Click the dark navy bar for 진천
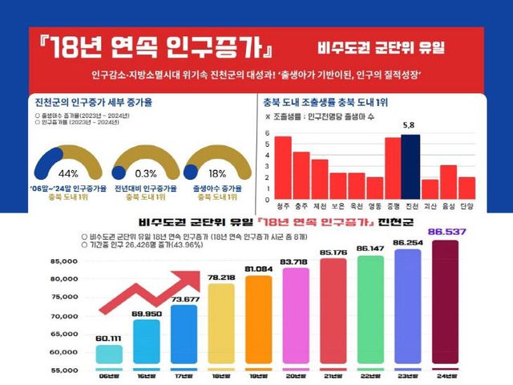click(x=410, y=164)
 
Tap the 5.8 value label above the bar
click(x=409, y=126)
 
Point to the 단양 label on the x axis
click(x=467, y=205)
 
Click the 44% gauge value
click(x=68, y=174)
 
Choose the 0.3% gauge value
click(x=147, y=174)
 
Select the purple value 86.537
click(x=447, y=232)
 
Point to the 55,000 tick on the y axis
click(x=63, y=371)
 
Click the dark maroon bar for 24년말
click(x=446, y=305)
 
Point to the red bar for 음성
click(x=449, y=182)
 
